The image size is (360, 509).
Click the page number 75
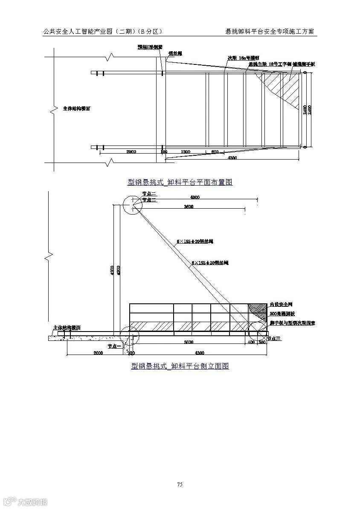180,484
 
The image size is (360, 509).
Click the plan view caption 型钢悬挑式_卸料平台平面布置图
180,182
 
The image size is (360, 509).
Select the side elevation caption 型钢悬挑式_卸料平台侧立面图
180,366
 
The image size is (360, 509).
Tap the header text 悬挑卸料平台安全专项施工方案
271,32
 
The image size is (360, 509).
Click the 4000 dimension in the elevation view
195,198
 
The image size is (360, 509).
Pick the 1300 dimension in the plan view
185,152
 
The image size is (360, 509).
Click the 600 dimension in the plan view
215,152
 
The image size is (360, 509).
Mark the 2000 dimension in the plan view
131,152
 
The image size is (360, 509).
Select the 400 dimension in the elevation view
251,342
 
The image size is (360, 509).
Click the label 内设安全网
281,305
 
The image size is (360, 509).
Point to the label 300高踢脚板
282,314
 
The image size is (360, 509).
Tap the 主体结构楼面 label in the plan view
77,108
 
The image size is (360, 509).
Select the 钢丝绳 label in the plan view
175,54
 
